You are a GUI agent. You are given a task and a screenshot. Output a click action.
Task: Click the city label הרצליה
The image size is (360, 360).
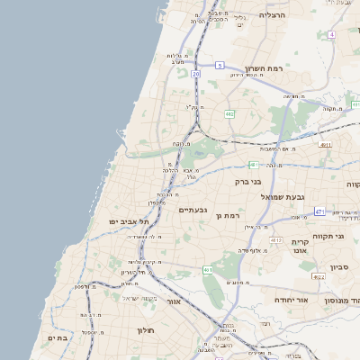272,15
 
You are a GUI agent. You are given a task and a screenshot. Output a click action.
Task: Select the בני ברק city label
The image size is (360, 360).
247,181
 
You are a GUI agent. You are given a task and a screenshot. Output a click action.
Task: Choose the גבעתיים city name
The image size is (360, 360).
193,210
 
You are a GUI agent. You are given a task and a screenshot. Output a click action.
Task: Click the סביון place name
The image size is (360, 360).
339,266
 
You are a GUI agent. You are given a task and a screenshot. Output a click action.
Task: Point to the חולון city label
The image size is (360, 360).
147,330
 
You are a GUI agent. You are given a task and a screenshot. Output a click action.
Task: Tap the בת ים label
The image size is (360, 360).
58,338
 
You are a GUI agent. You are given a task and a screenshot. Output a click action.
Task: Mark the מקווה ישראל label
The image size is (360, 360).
140,298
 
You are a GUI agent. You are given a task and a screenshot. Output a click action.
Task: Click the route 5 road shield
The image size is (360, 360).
220,66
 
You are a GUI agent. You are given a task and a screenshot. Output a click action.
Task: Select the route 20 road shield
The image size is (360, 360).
195,74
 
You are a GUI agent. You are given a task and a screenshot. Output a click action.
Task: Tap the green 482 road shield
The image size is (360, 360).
229,114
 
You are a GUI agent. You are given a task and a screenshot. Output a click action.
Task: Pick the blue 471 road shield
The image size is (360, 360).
319,211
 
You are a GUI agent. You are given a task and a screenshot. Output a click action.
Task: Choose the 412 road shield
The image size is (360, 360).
274,241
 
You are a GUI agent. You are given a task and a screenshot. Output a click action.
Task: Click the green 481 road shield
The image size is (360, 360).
254,165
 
